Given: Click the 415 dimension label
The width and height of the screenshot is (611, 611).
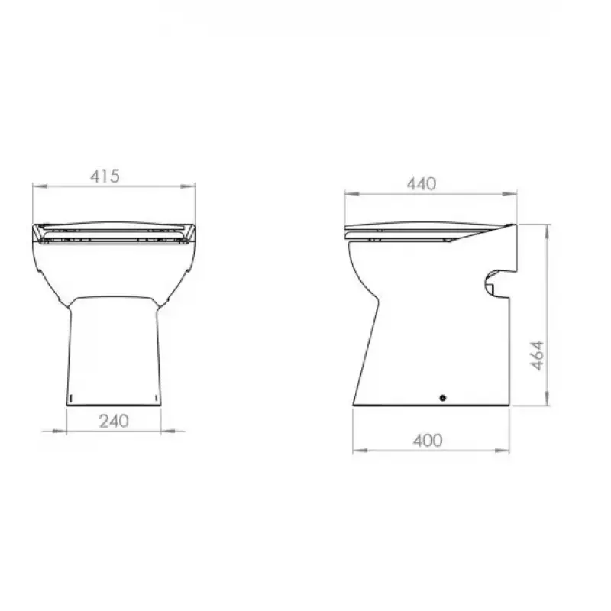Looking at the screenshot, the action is [x=105, y=176].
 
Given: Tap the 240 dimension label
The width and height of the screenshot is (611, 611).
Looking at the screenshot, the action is [x=114, y=422].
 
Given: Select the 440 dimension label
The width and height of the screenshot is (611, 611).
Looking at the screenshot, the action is [x=422, y=184].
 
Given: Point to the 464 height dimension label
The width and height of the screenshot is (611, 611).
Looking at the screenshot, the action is [x=538, y=355].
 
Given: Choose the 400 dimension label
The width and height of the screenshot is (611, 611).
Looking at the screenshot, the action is [x=428, y=441].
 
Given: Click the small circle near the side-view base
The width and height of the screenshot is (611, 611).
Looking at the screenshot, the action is [x=443, y=398].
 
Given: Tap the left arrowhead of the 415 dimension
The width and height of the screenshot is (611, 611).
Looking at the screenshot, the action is [x=40, y=186].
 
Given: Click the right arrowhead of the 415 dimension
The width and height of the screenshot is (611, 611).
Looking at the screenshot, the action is [x=188, y=186].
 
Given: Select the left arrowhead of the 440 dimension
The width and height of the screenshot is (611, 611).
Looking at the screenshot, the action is [x=352, y=193].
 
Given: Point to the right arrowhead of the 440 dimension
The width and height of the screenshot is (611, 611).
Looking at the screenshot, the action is [x=509, y=193].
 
